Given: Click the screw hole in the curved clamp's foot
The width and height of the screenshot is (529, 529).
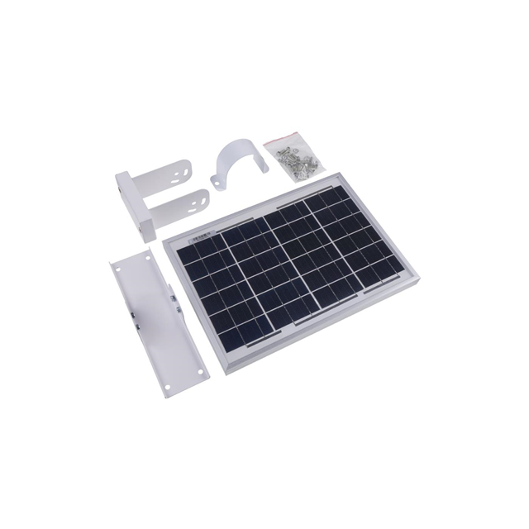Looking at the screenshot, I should (219, 180).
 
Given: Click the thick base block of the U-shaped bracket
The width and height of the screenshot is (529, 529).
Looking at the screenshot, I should (135, 205).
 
